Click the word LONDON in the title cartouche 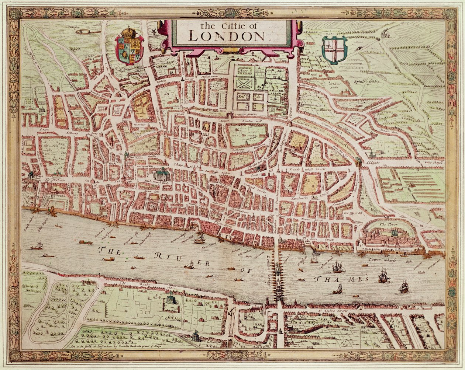[x=227, y=36]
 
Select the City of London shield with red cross [x=334, y=50]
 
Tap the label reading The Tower [x=386, y=224]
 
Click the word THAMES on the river [x=342, y=279]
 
